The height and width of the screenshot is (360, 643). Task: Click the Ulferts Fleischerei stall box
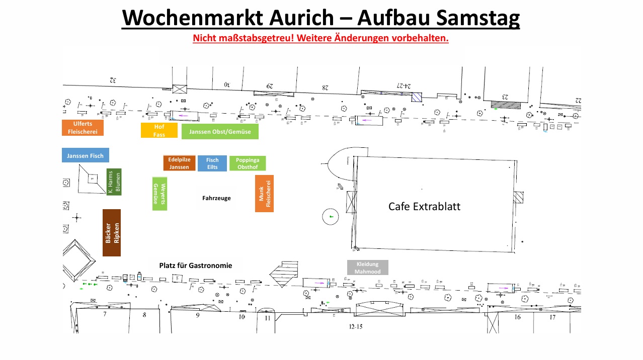tap(83, 128)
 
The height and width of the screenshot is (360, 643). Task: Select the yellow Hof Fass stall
tap(159, 130)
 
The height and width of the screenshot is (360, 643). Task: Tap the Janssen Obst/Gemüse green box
tap(220, 132)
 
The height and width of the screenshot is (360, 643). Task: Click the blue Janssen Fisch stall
tap(85, 155)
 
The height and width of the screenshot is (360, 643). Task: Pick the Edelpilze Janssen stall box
tap(179, 163)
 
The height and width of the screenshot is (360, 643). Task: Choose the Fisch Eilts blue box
tap(212, 163)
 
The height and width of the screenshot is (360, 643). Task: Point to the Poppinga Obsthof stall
tap(248, 163)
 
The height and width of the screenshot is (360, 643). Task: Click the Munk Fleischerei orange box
tap(264, 194)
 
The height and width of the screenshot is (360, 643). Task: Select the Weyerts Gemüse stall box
tap(159, 194)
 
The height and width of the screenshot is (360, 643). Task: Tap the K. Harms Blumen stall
tap(114, 182)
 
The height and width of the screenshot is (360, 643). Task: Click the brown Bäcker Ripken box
tap(112, 233)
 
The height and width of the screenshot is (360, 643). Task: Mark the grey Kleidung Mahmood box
tap(368, 267)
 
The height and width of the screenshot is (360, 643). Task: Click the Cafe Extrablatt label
tap(424, 207)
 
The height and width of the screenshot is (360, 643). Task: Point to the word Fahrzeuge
tap(216, 198)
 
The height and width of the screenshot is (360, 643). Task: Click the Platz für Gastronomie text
tap(196, 265)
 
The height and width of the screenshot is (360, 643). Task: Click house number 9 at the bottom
tap(198, 316)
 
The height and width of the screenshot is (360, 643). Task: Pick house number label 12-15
tap(356, 327)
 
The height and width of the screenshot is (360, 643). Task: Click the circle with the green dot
tap(331, 217)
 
